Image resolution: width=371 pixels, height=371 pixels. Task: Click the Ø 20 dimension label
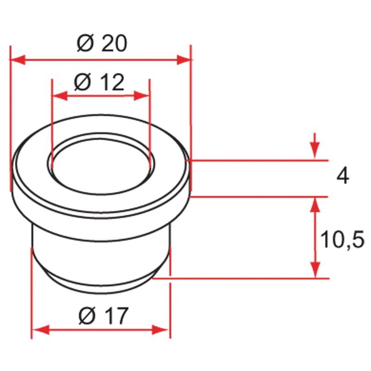point(102,43)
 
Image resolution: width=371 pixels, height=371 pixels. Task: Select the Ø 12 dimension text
point(99,82)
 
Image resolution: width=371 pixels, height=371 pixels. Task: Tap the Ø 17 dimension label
point(103,315)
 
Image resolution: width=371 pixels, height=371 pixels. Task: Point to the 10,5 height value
point(342,239)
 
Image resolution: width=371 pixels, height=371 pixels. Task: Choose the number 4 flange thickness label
point(343,176)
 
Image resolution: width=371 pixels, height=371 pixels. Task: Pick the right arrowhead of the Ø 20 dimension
point(184,60)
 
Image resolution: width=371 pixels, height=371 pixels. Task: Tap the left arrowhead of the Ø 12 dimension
point(60,96)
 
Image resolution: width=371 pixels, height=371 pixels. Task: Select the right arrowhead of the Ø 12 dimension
point(141,96)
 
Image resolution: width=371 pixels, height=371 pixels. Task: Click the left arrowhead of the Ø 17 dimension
point(41,330)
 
